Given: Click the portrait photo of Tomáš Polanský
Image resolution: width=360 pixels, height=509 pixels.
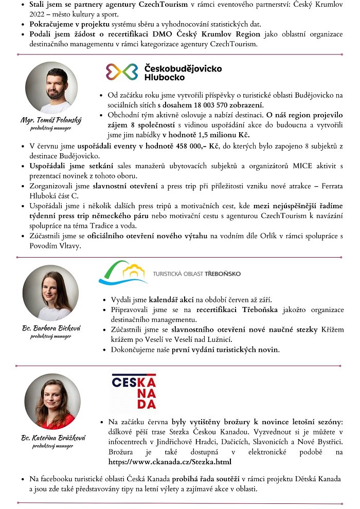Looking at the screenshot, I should pyautogui.click(x=51, y=87).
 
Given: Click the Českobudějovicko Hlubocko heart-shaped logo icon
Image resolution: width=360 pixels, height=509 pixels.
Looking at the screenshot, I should pyautogui.click(x=122, y=72).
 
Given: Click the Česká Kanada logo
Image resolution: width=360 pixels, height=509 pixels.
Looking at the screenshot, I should pyautogui.click(x=134, y=392).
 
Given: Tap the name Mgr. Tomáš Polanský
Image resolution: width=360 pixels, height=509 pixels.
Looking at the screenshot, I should pyautogui.click(x=51, y=120).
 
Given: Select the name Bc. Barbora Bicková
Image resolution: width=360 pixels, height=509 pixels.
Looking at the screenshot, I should pyautogui.click(x=51, y=328).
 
